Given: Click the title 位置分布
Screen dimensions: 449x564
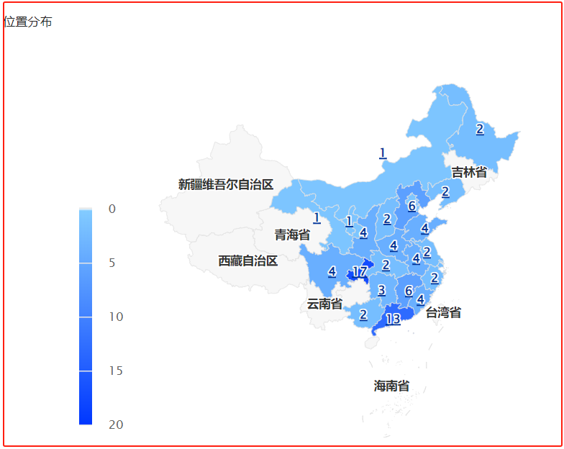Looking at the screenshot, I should tap(28, 22).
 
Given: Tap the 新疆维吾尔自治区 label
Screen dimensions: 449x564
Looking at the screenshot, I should tap(226, 184).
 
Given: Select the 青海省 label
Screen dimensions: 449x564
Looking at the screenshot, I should tap(292, 235).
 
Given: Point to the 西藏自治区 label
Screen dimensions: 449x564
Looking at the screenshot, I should tap(248, 260).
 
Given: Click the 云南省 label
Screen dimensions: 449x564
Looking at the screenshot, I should tap(324, 304).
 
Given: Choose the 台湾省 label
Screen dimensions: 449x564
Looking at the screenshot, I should tap(443, 312).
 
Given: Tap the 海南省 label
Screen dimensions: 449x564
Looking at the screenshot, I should tap(391, 386).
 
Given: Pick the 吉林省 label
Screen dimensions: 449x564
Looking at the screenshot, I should tap(469, 172).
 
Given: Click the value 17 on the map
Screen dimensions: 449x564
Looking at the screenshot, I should tap(360, 273).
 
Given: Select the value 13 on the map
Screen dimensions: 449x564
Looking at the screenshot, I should tap(393, 319).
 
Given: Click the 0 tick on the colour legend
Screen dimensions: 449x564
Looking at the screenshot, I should tap(112, 209).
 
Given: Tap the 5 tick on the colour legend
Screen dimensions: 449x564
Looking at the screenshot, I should tap(112, 263).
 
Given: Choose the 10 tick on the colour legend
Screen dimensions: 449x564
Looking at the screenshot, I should tap(116, 317).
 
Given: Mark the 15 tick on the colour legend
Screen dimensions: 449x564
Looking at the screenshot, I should tap(116, 371).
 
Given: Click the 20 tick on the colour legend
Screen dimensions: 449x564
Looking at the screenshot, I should tap(116, 425).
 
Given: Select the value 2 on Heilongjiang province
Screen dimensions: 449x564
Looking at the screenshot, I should tap(480, 130).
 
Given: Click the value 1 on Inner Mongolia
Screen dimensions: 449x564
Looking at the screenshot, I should tap(383, 153).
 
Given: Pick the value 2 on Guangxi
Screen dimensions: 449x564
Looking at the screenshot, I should tap(363, 314).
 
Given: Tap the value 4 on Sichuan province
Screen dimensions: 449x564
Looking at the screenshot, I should tap(332, 271).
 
